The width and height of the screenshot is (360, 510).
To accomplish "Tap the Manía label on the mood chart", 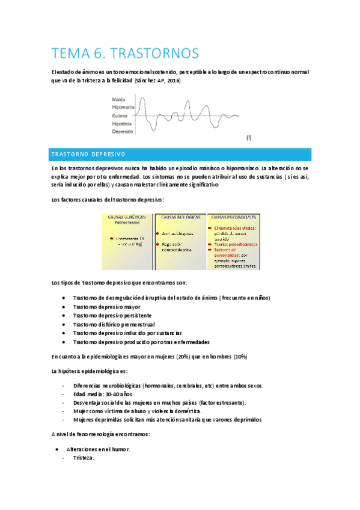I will pyautogui.click(x=119, y=99).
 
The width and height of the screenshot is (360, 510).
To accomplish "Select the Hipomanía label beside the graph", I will pyautogui.click(x=123, y=107).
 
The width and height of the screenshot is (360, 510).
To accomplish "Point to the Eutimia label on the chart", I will pyautogui.click(x=120, y=115).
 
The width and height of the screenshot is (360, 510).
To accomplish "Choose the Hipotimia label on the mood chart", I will pyautogui.click(x=121, y=123).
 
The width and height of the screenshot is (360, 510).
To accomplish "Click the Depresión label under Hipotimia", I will pyautogui.click(x=122, y=131).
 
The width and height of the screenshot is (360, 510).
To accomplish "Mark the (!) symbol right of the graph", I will pyautogui.click(x=249, y=138).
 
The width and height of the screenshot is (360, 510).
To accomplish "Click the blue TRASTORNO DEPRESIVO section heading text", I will pyautogui.click(x=88, y=155).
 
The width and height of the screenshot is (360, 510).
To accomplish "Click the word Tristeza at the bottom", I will pyautogui.click(x=83, y=458).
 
